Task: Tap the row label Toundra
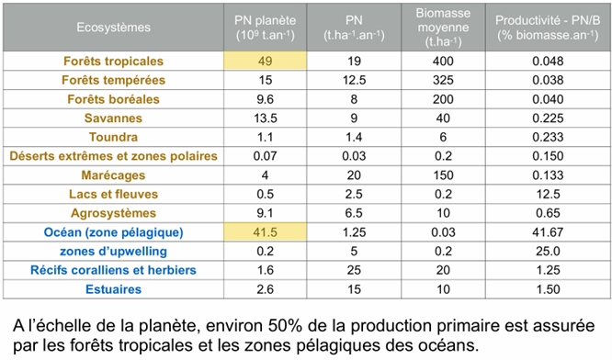[111, 137]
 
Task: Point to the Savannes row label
[111, 118]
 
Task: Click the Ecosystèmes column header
[112, 27]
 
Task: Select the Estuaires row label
[111, 289]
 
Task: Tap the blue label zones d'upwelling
[111, 251]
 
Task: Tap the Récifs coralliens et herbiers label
[111, 270]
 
